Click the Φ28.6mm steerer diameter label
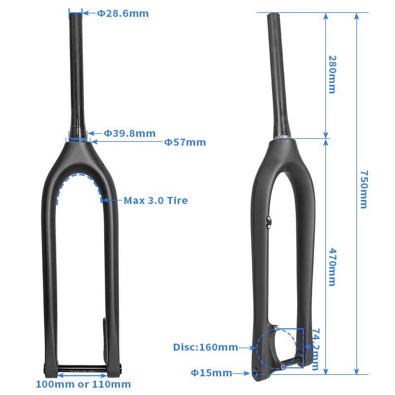122,13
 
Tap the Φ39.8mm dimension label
129,133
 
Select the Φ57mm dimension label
185,143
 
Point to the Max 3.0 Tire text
156,200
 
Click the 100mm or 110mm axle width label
83,384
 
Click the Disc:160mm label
205,348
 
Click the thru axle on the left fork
82,367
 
